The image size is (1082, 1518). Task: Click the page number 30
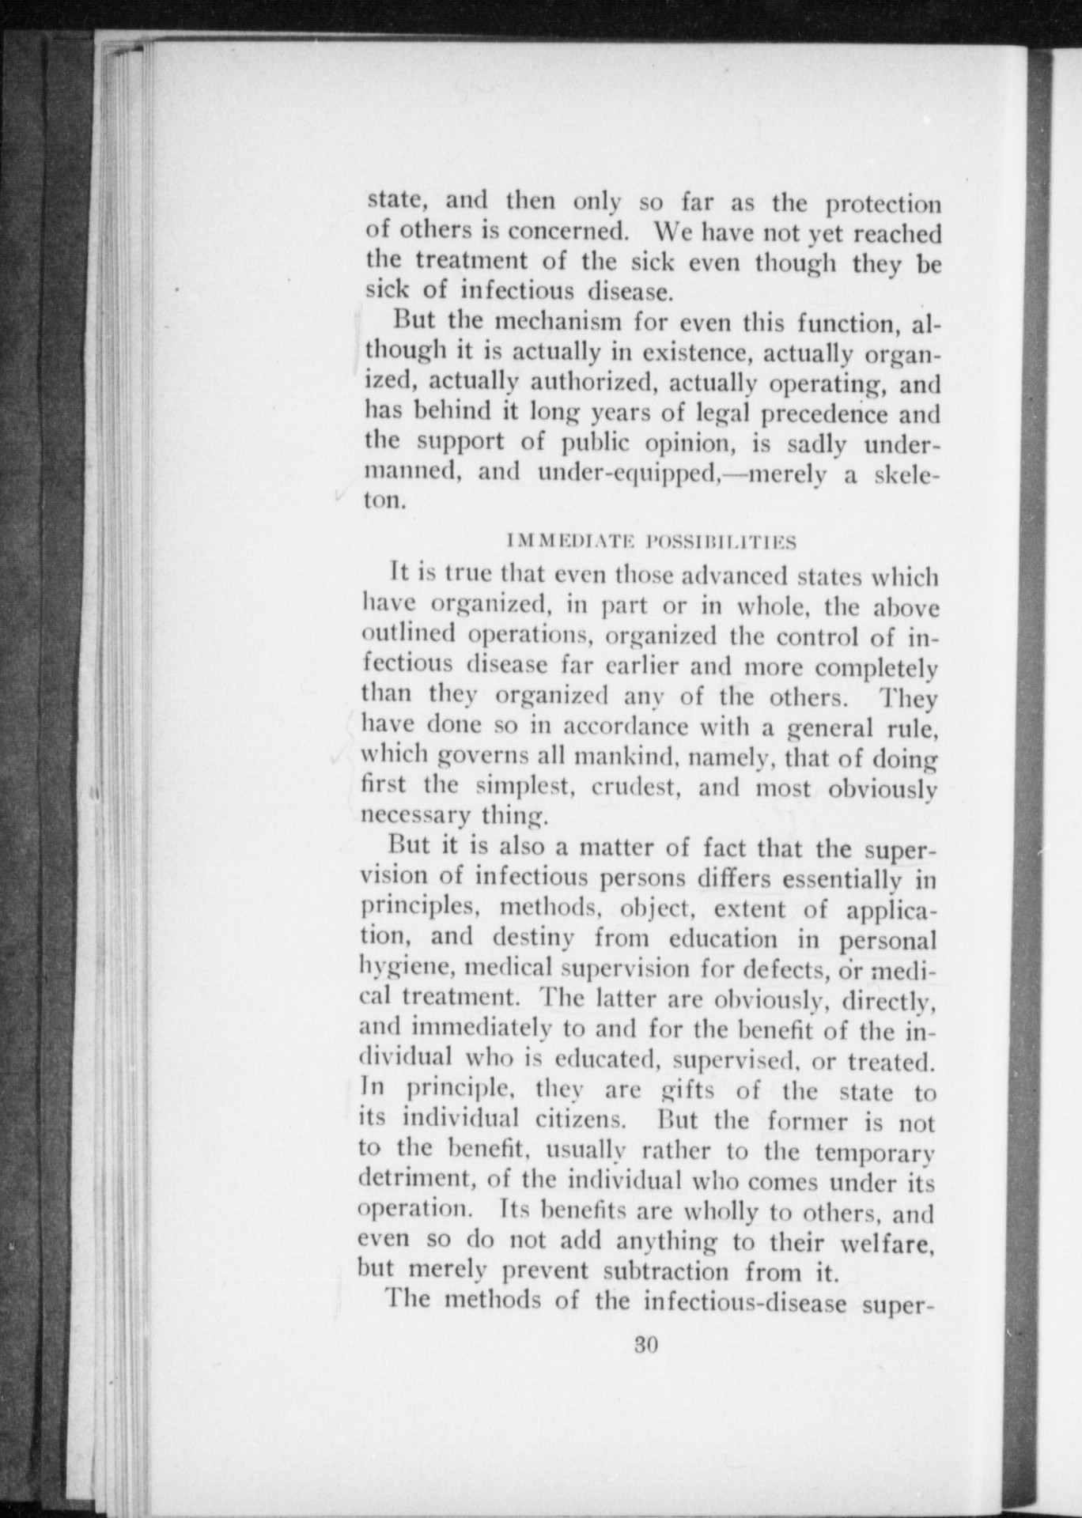646,1345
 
